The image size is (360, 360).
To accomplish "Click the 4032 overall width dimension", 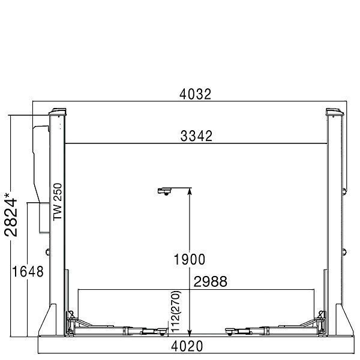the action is pos(195,94).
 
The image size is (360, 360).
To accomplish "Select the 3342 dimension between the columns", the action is pos(196,136).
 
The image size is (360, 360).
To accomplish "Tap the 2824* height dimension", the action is pos(11,215).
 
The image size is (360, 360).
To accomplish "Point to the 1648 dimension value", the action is pos(28,271).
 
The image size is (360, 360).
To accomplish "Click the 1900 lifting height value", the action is pos(190,259).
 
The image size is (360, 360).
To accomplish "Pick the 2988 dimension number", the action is pos(211,281).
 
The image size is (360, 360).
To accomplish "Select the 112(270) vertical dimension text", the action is pos(176,311).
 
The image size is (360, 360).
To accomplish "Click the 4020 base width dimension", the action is pos(187,346).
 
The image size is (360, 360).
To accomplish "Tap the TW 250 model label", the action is pos(58,202).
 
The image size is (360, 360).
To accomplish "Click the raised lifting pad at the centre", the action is pos(165,191).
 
